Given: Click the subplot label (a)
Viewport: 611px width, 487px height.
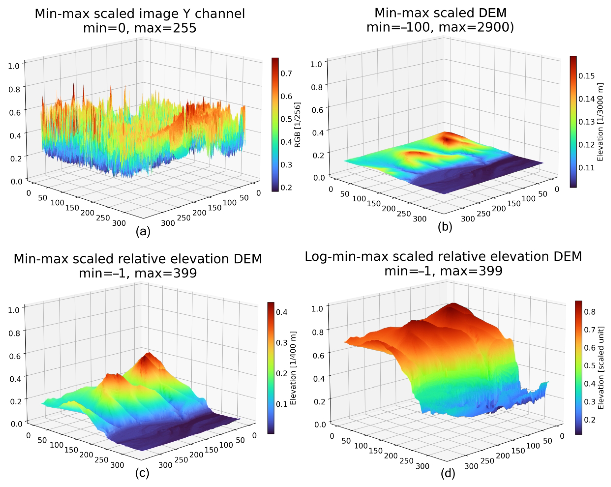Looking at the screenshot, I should [x=143, y=231].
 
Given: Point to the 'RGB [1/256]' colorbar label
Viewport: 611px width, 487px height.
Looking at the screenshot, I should [x=297, y=125].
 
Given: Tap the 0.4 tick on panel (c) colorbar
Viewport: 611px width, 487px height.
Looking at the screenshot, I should [x=282, y=312].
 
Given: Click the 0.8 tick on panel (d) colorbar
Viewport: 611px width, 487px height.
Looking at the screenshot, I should [x=590, y=312].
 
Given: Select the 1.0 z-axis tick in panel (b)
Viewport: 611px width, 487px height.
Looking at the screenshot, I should [x=316, y=64].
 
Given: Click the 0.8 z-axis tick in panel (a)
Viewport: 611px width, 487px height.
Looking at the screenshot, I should [x=14, y=89].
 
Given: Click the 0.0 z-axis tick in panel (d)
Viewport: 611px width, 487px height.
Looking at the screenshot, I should [x=320, y=424].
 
